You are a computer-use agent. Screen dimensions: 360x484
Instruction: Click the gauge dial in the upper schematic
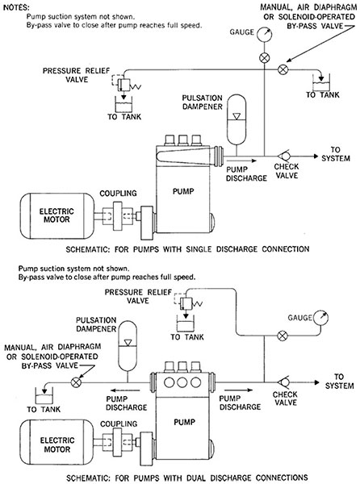[x=264, y=34]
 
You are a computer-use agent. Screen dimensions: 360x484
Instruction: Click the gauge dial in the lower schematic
[x=320, y=318]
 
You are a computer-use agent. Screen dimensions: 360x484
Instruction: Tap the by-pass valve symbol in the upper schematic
[x=283, y=69]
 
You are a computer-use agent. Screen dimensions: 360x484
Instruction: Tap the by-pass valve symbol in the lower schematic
[x=76, y=382]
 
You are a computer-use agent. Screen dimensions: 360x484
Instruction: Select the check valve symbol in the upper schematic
[x=283, y=156]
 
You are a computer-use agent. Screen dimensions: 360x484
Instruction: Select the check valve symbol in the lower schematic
[x=283, y=382]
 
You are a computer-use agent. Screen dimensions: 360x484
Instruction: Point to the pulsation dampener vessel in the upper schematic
[x=237, y=119]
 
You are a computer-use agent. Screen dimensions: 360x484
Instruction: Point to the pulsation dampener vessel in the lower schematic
[x=128, y=345]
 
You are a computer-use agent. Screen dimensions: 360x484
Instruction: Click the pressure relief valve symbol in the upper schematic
[x=126, y=83]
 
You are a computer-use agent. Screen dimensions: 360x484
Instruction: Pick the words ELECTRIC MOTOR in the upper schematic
[x=57, y=215]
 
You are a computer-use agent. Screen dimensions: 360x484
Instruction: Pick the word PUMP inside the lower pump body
[x=184, y=422]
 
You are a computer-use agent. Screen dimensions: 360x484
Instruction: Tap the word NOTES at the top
[x=16, y=7]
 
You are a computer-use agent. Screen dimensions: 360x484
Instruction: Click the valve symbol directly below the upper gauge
[x=264, y=58]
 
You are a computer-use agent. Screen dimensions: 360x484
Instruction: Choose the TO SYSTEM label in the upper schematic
[x=336, y=154]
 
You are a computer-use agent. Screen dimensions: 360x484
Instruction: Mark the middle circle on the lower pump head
[x=182, y=382]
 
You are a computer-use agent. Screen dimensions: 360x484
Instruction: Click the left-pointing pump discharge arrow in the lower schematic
[x=126, y=390]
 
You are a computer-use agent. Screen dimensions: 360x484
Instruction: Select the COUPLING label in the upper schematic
[x=118, y=194]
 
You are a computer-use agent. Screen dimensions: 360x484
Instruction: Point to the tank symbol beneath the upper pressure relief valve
[x=123, y=104]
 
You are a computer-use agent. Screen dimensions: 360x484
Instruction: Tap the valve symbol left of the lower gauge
[x=283, y=336]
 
